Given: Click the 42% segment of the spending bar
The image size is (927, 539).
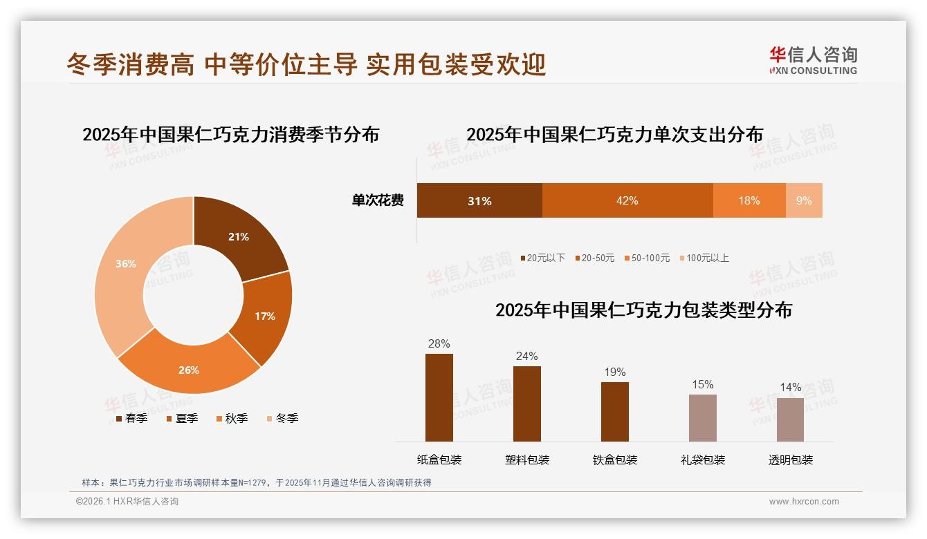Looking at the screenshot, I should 627,200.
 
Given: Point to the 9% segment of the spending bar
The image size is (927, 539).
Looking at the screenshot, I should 804,200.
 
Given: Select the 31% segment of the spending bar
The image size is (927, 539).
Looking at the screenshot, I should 479,200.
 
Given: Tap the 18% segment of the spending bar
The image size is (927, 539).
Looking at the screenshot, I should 749,200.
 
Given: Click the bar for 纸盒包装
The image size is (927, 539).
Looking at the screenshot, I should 439,397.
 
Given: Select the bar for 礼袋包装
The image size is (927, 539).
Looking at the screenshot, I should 702,418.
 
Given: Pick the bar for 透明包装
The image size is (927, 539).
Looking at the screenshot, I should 790,419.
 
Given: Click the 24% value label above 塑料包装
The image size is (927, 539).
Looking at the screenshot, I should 526,356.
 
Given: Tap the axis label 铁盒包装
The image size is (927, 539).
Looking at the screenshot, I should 615,460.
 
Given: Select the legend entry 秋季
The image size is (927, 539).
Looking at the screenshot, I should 236,418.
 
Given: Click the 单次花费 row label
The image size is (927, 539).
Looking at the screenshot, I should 378,200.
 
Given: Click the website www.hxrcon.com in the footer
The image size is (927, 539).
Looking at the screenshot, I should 804,502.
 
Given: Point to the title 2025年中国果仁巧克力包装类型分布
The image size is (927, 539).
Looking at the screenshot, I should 643,310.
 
